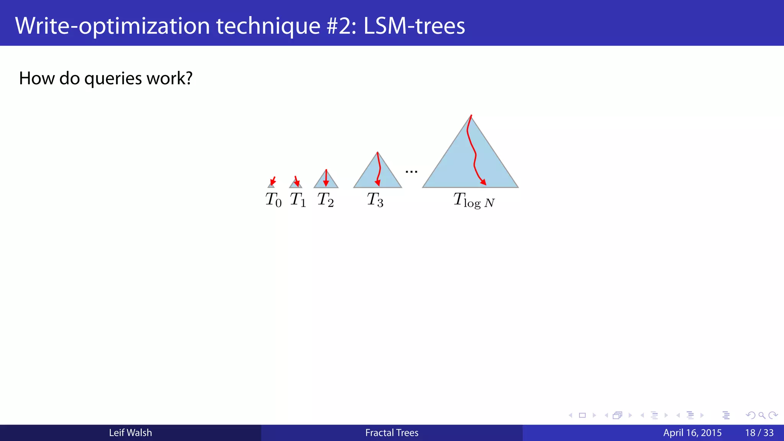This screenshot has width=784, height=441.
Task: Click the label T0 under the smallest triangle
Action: click(x=273, y=199)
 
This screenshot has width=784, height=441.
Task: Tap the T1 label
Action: click(x=298, y=199)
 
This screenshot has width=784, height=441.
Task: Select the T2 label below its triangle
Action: click(x=325, y=199)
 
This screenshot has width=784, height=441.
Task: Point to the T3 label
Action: click(x=375, y=199)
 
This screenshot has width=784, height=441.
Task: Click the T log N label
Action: click(x=474, y=200)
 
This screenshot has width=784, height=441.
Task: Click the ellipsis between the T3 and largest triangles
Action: click(x=412, y=171)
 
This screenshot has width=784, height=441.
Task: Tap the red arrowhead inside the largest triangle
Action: click(x=483, y=182)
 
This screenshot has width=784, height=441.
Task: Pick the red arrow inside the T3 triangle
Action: click(x=379, y=168)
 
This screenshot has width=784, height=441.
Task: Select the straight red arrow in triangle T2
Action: click(x=326, y=178)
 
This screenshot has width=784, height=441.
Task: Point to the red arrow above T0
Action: click(x=273, y=181)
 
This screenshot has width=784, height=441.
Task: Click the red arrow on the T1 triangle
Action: click(x=296, y=181)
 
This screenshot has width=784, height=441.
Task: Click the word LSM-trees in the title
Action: click(x=414, y=26)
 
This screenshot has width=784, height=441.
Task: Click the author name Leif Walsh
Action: click(x=131, y=433)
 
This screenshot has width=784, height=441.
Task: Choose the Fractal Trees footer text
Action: click(x=392, y=433)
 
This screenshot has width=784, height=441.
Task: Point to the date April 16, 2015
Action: click(x=692, y=433)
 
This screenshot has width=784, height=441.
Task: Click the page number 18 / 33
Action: click(x=759, y=433)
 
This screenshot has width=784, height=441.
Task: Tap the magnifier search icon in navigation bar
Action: click(x=762, y=415)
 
